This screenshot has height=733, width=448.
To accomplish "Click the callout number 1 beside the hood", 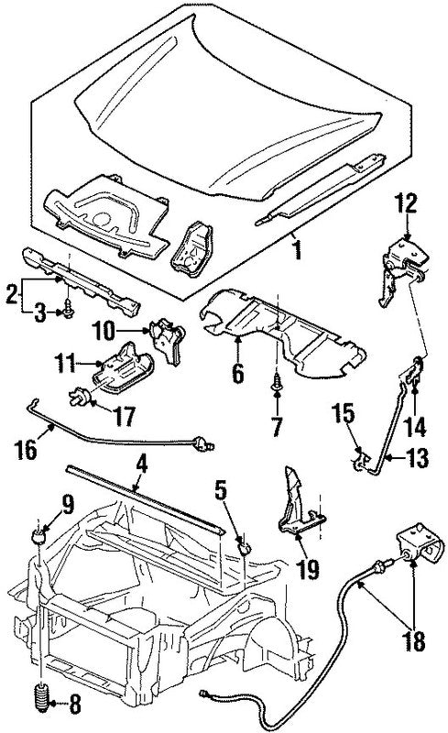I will [295, 246].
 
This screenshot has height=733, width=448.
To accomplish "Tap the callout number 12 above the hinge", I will [406, 202].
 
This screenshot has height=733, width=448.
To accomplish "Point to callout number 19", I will [307, 569].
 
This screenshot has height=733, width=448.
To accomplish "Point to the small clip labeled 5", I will [246, 547].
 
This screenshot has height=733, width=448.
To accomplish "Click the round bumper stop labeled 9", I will [39, 534].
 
